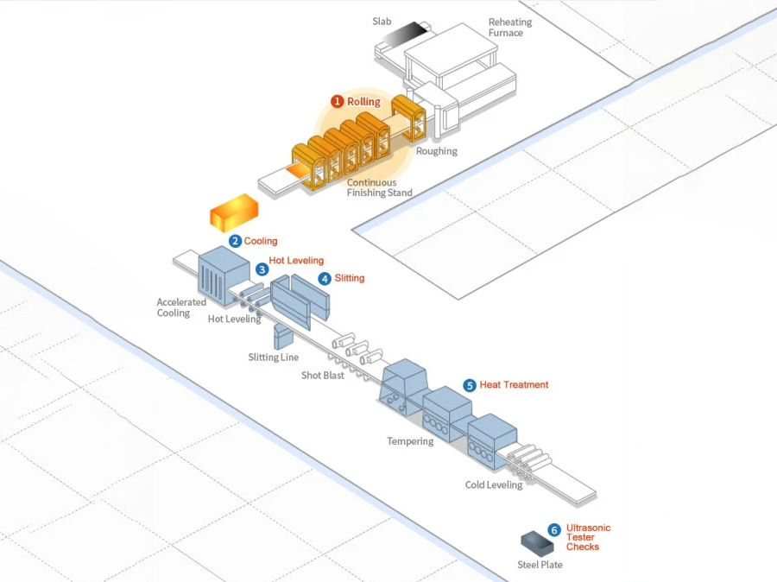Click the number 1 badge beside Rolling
pos(338,102)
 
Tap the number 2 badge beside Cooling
pos(235,241)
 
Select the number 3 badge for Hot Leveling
pos(262,269)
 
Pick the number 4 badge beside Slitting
pos(325,279)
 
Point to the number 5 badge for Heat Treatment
pos(470,385)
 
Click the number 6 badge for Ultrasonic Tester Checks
pos(554,530)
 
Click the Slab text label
pos(382,20)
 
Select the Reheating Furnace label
pos(510,28)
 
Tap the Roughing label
pos(437,151)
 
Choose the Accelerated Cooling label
pos(180,307)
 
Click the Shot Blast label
pos(323,376)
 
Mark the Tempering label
pos(410,441)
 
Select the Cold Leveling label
pos(494,484)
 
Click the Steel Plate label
pos(540,565)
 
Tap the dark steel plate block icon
pos(537,541)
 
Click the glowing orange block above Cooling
pos(235,212)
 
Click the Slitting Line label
pos(273,357)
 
